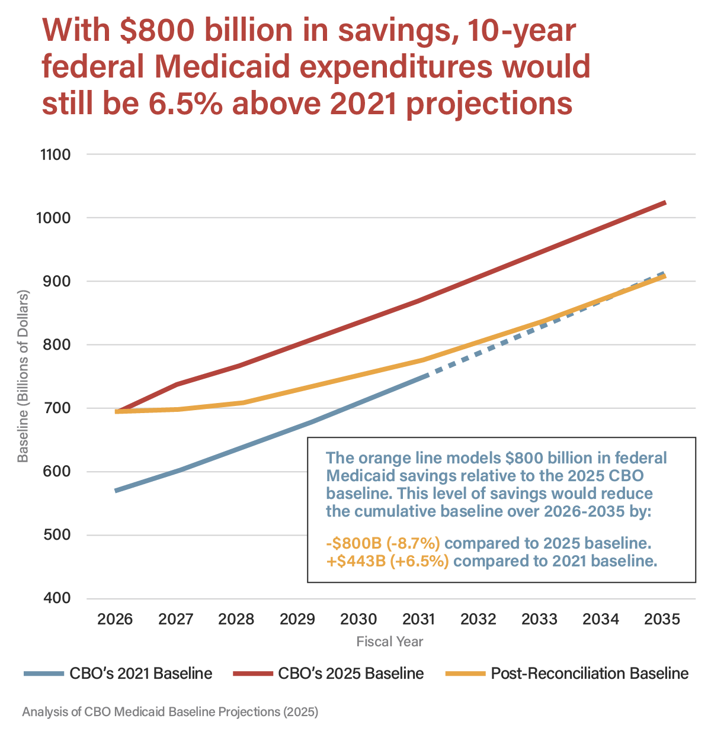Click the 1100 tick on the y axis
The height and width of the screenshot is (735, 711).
(x=55, y=155)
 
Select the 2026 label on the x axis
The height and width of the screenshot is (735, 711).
(x=115, y=620)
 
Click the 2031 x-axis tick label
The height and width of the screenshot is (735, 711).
(x=419, y=620)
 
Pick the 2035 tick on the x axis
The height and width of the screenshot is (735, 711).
(x=662, y=620)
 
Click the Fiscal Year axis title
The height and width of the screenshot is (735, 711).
(x=390, y=641)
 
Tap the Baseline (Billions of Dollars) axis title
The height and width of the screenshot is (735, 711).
(x=23, y=376)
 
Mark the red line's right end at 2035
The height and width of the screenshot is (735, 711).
(x=665, y=203)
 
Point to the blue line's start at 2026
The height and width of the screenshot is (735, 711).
(x=116, y=491)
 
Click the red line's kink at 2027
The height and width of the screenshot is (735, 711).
(x=176, y=385)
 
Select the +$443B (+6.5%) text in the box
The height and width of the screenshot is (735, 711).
(x=387, y=561)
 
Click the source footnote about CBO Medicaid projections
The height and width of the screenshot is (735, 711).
(x=170, y=712)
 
